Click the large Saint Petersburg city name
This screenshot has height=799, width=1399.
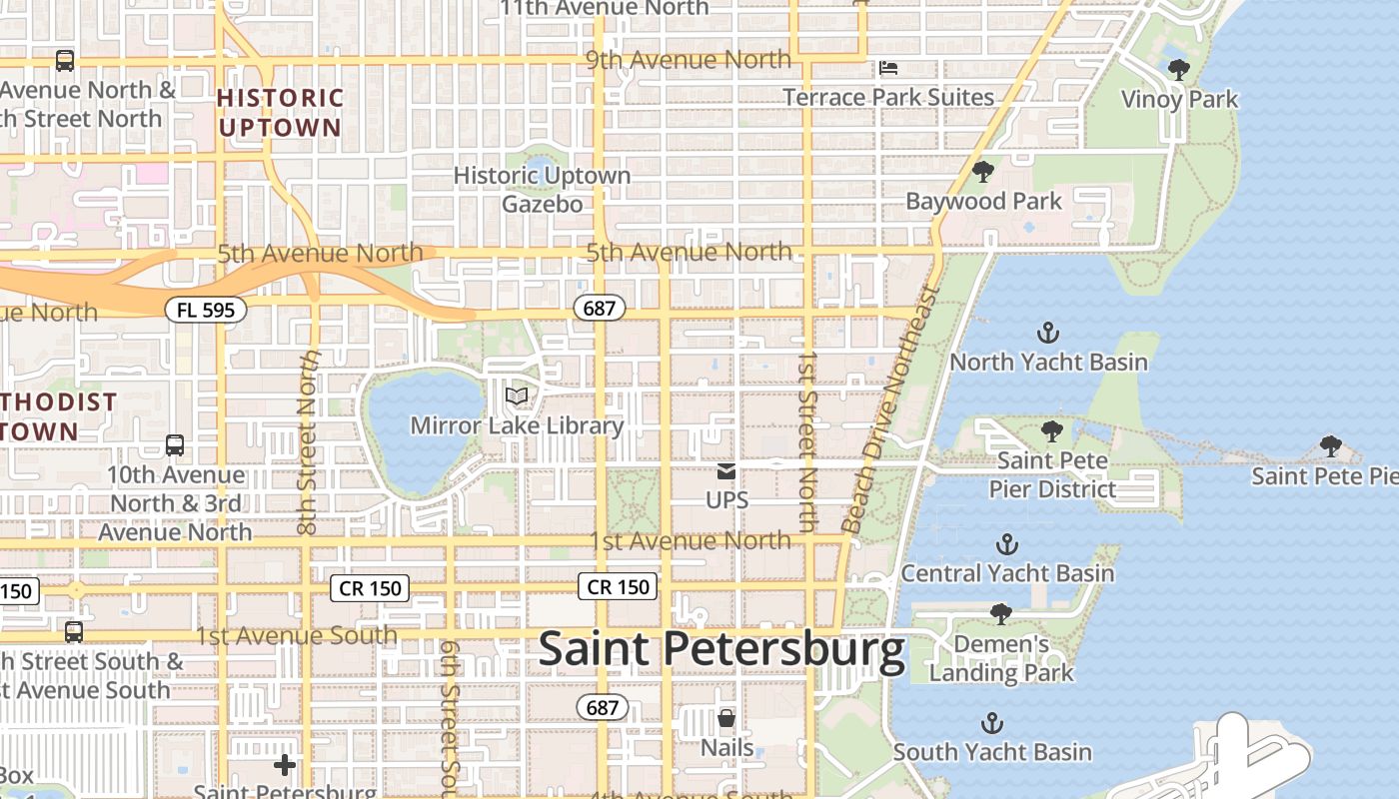click(x=721, y=650)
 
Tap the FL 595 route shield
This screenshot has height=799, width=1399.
click(x=205, y=310)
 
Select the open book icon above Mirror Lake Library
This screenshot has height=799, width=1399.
click(x=517, y=397)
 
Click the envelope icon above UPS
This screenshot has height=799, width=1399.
click(x=726, y=470)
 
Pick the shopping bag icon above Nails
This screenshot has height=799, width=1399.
click(x=726, y=718)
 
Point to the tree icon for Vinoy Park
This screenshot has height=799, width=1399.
click(x=1179, y=70)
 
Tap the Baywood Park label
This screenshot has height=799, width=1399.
click(x=983, y=201)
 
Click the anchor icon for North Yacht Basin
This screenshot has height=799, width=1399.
click(x=1048, y=333)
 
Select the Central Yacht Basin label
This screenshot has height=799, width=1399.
click(x=1007, y=573)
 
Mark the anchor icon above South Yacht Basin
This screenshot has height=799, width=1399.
click(x=992, y=722)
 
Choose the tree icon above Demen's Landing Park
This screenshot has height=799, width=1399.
click(x=1000, y=613)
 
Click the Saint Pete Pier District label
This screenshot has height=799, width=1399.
click(x=1052, y=475)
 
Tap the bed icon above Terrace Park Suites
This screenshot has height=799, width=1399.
click(x=888, y=68)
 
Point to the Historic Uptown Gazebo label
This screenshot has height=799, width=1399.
click(x=542, y=190)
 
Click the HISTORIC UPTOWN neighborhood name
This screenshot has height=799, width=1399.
click(x=280, y=113)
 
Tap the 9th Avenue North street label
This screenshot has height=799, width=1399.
click(x=688, y=60)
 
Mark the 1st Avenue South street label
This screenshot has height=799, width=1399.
click(x=296, y=635)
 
